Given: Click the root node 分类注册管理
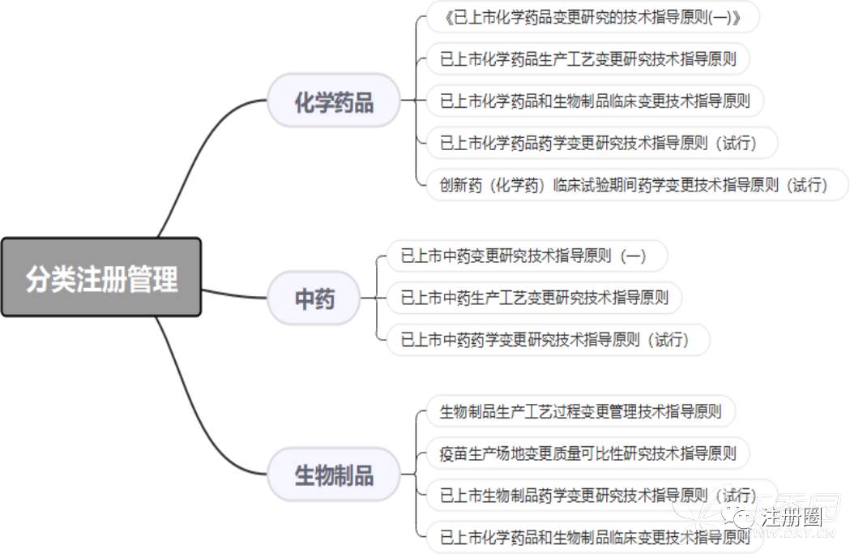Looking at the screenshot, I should point(101,277).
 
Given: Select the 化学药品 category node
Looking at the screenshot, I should point(333,101).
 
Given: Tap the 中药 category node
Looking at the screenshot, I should point(314,298).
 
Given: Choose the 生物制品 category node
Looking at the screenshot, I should point(333,474).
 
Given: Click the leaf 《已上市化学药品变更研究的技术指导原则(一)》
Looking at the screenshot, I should point(592,17).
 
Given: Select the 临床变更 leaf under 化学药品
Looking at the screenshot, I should point(594,101).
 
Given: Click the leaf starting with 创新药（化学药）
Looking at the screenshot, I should point(633,185).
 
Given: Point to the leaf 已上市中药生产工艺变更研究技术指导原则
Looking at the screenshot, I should point(534,298).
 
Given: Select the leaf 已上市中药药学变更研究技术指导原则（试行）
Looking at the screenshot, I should point(545,340).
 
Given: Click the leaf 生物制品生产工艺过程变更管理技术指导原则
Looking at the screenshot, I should point(580,410).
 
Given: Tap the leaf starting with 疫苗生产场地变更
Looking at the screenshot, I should point(587,453).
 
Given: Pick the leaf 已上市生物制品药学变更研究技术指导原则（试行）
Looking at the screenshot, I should point(598,495).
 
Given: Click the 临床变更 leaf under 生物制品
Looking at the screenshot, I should point(594,537).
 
